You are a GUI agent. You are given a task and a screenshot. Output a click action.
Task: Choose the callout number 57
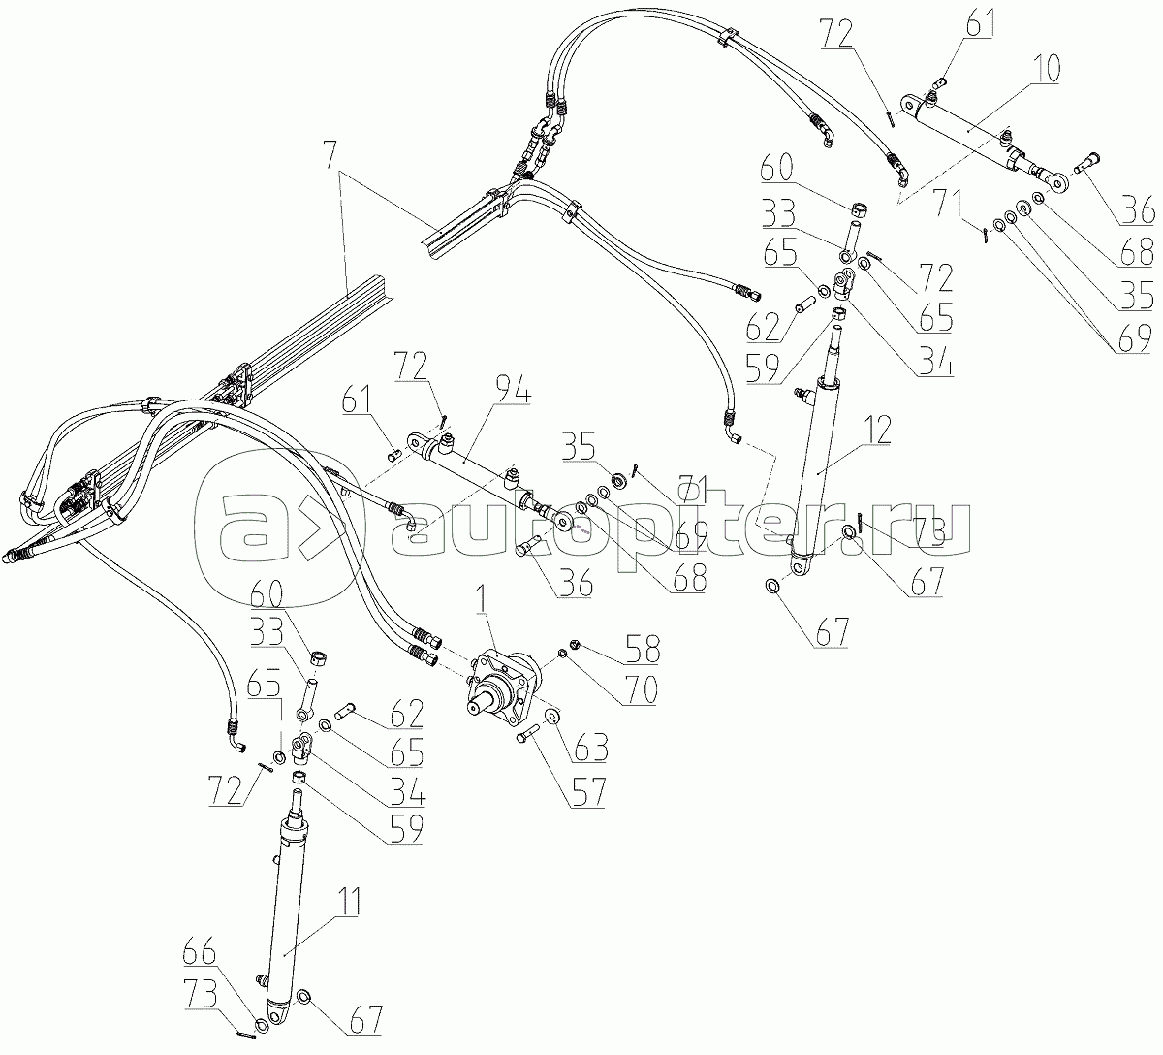pyautogui.click(x=581, y=792)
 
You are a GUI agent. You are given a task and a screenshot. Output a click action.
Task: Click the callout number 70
pyautogui.click(x=640, y=688)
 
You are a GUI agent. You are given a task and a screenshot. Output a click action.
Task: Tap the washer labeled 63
pyautogui.click(x=551, y=716)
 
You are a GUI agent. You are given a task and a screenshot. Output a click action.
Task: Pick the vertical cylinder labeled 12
pyautogui.click(x=816, y=465)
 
